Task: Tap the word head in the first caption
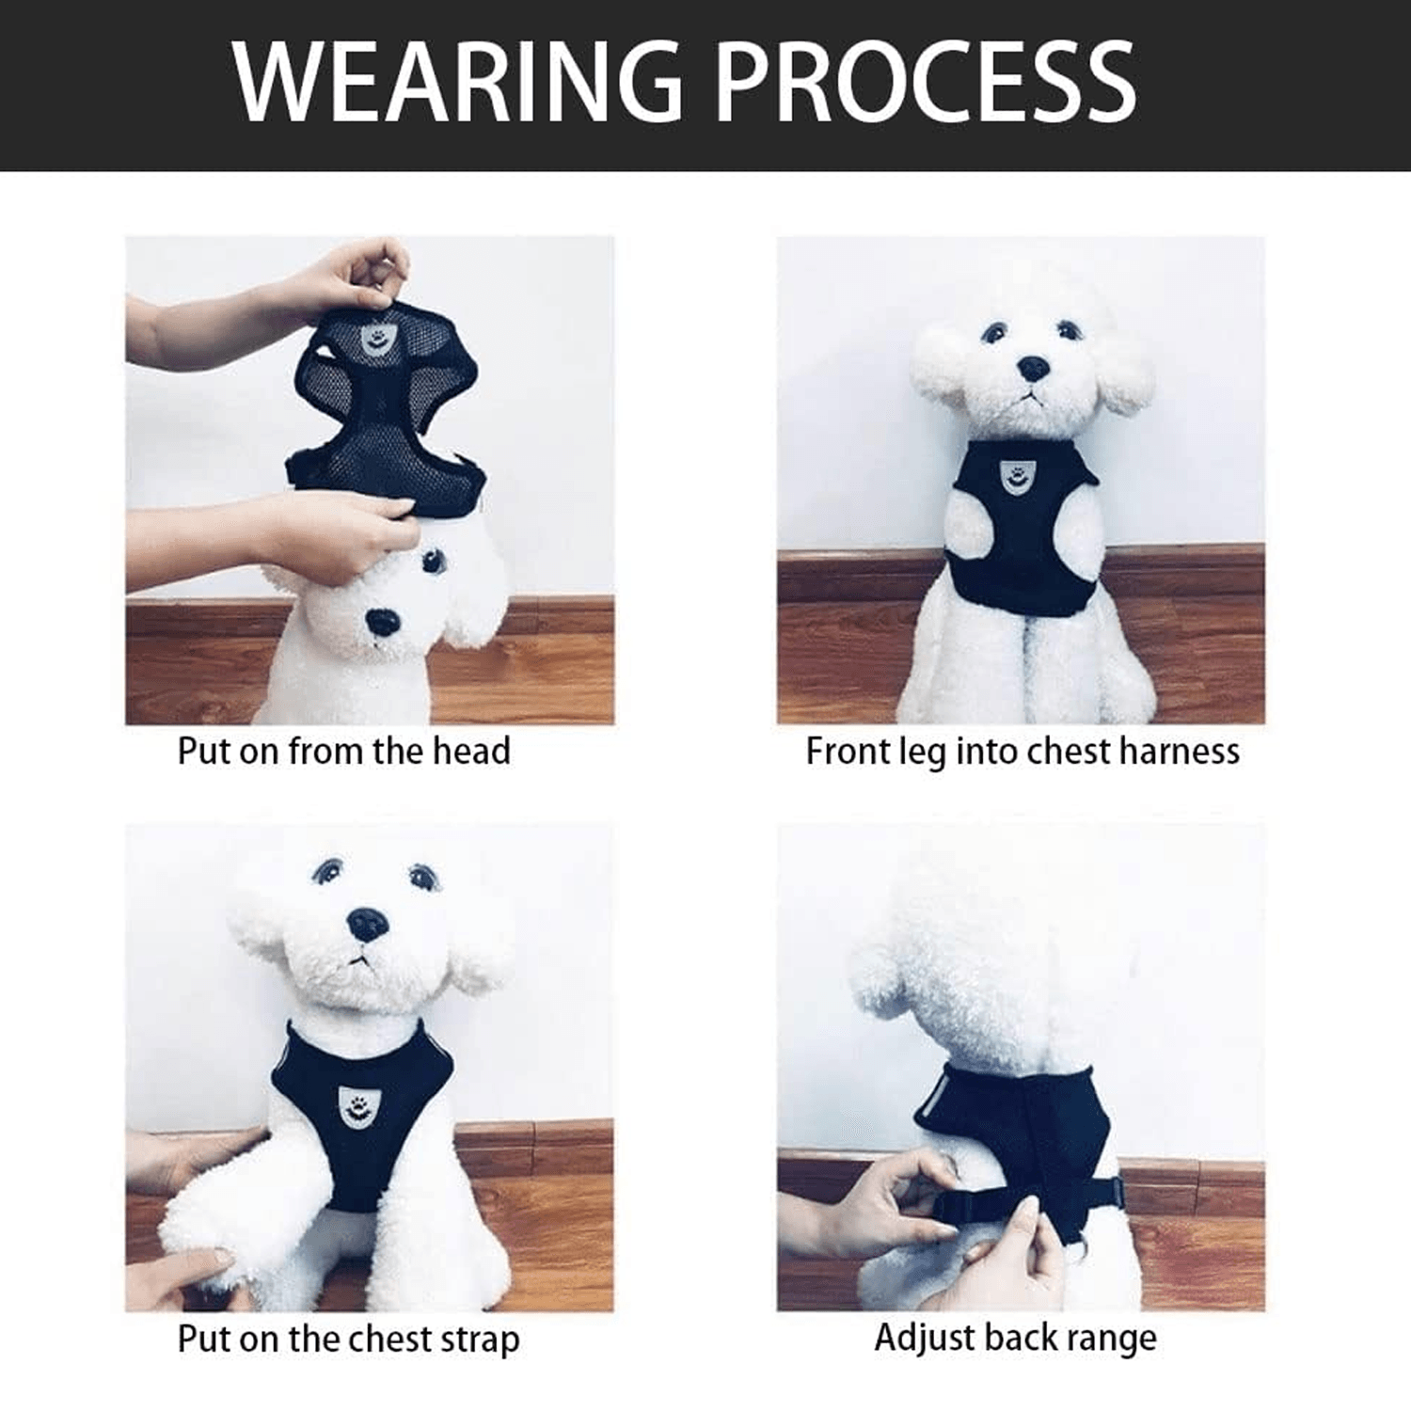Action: click(x=471, y=751)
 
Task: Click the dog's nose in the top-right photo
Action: click(x=1033, y=368)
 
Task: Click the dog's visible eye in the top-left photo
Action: click(x=432, y=563)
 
